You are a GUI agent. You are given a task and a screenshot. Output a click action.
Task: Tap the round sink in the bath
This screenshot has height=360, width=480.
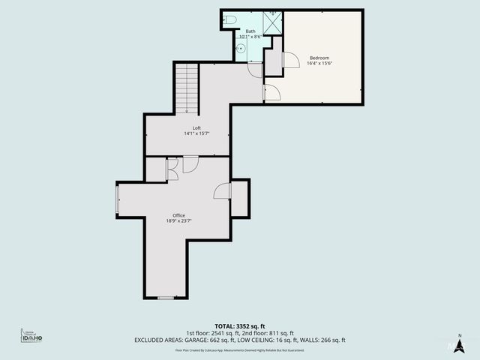tap(241, 46)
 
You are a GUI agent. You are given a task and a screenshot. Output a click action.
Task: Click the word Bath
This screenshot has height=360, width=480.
tap(250, 31)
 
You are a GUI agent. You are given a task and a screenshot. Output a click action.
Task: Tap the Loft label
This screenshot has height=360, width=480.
tap(196, 127)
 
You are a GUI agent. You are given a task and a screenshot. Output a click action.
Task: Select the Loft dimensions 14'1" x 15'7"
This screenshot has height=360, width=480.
tap(196, 133)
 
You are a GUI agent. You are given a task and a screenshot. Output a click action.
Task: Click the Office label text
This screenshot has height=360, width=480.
tap(178, 215)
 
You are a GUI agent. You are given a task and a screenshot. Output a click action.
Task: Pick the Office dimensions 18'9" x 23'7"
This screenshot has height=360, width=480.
tap(178, 221)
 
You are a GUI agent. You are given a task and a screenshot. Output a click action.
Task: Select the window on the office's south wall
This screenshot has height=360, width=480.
tap(166, 298)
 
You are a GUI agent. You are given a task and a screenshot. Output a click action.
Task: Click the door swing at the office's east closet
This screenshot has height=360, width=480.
tap(222, 191)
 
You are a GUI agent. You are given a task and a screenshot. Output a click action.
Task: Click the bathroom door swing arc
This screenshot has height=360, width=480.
tap(254, 70)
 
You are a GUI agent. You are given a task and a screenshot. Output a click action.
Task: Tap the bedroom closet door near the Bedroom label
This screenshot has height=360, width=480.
tap(289, 64)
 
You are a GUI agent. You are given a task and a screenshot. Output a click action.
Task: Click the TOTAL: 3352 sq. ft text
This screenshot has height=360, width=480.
tap(239, 326)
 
